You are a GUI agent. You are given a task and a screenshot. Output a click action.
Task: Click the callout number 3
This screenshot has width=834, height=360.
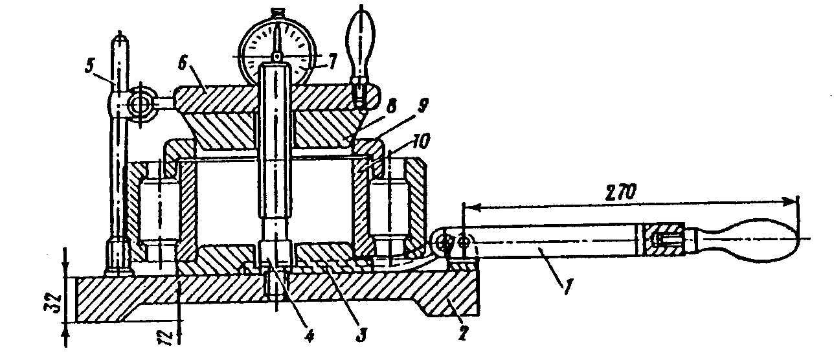(x=361, y=334)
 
